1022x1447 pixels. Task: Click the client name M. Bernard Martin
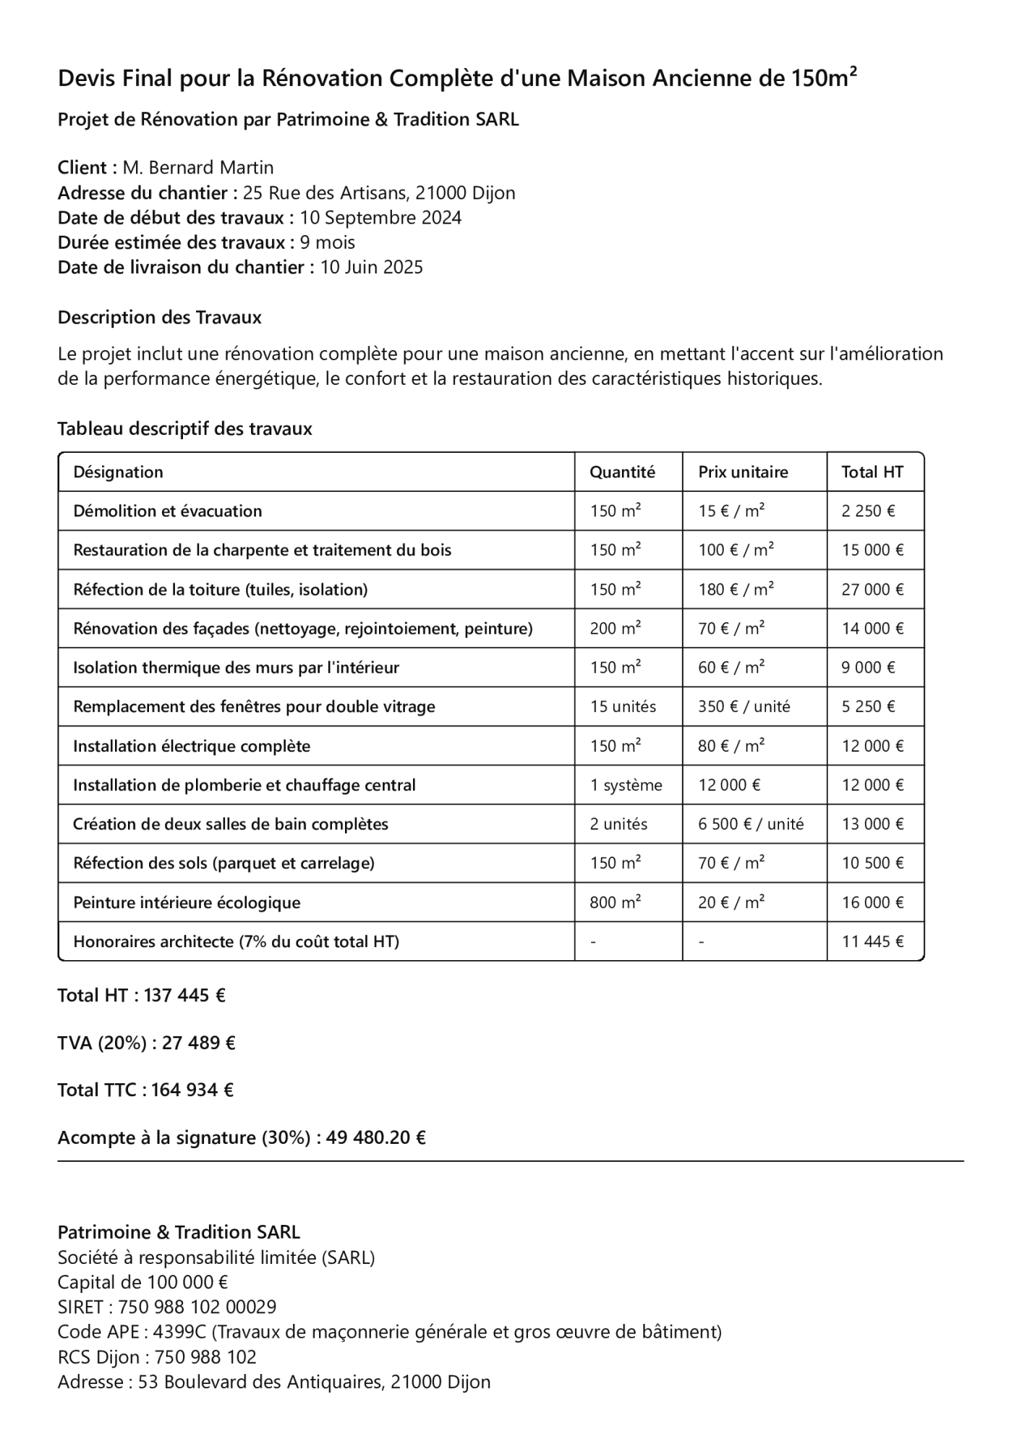point(197,168)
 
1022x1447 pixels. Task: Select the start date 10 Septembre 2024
point(380,218)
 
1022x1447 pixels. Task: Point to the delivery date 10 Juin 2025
point(371,267)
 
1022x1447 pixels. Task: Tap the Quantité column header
point(622,472)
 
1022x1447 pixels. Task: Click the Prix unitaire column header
point(743,472)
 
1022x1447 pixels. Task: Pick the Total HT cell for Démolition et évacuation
point(868,511)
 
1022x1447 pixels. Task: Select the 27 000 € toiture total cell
point(872,589)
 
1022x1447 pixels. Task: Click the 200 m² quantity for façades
point(615,628)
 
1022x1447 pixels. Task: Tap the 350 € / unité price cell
point(744,706)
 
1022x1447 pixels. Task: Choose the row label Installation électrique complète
point(192,746)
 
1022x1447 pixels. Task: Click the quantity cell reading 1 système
point(626,785)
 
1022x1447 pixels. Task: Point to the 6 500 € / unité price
point(751,824)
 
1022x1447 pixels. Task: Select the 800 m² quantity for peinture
point(615,902)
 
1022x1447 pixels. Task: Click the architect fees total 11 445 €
point(872,941)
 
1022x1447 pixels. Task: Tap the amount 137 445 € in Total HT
point(184,996)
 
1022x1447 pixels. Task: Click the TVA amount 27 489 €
point(199,1043)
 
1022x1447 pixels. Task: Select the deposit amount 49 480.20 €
point(375,1137)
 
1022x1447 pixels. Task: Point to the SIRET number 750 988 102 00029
point(197,1307)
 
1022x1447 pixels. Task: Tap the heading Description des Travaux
point(159,317)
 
